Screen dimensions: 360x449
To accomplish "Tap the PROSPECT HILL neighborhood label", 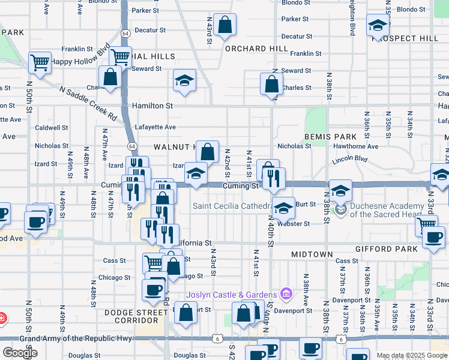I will [405, 38].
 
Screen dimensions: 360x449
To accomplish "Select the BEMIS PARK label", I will [331, 137].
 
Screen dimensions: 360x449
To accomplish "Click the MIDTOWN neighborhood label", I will [312, 255].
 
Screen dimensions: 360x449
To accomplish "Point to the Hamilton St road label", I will [152, 106].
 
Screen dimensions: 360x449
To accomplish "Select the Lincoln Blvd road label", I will [350, 160].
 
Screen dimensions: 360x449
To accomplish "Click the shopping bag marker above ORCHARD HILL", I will [225, 26].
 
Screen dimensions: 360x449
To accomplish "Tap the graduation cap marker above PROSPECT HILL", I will [378, 26].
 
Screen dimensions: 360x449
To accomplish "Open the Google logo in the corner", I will [20, 352].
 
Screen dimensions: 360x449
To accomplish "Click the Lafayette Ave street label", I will [155, 127].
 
